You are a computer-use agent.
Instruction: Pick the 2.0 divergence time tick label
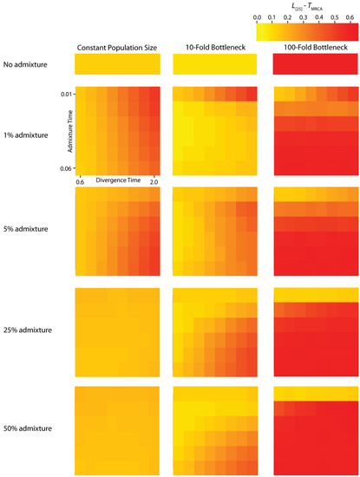pyautogui.click(x=154, y=182)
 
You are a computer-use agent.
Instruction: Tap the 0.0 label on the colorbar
pyautogui.click(x=258, y=16)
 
